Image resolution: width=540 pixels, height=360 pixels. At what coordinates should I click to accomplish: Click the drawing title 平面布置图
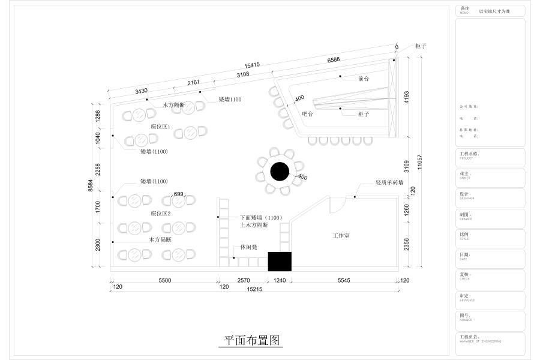pos(252,340)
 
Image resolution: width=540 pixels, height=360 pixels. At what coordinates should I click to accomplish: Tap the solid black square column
pos(280,262)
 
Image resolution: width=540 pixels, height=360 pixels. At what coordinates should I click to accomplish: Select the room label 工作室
pos(341,236)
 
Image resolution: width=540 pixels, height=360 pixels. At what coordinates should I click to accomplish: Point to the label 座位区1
pos(161,127)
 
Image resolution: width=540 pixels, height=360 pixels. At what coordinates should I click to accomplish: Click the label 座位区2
pos(161,213)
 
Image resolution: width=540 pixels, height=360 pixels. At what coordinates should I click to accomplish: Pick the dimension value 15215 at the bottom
pos(254,289)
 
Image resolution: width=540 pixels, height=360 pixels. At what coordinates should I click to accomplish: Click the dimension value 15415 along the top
pos(252,64)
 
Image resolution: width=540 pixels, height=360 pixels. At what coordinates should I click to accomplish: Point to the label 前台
pos(363,79)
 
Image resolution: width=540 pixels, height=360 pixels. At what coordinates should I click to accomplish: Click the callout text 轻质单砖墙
pos(389,182)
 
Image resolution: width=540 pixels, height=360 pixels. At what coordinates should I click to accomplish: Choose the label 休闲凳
pos(249,247)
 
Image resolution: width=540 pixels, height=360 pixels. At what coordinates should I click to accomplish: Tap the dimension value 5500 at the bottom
pos(165,280)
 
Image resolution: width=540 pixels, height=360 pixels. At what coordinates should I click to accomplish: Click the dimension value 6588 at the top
pos(334,59)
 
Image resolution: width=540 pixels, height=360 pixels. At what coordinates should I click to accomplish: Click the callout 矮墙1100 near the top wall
pos(230,99)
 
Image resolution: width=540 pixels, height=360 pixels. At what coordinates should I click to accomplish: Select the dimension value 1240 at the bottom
pos(280,280)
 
